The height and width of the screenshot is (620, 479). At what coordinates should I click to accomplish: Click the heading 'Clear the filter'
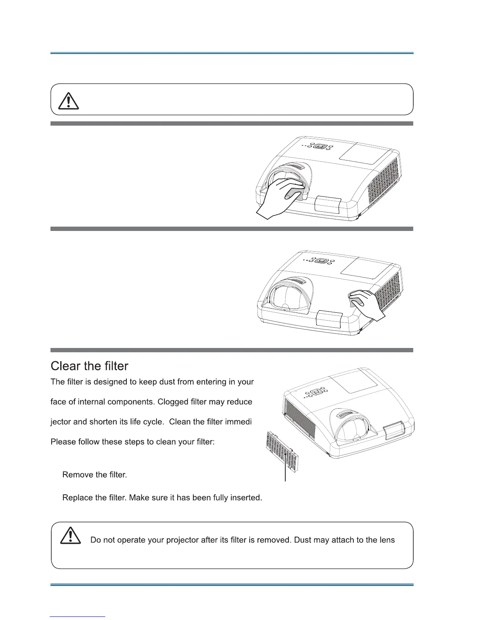[x=89, y=366]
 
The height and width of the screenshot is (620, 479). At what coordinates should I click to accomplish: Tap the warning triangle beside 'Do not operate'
[x=70, y=535]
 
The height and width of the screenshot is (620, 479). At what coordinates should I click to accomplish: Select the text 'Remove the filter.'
[x=94, y=475]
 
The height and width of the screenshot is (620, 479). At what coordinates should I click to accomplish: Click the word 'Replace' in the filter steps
[x=75, y=498]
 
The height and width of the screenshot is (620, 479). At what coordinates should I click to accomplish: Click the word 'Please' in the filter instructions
[x=62, y=442]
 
